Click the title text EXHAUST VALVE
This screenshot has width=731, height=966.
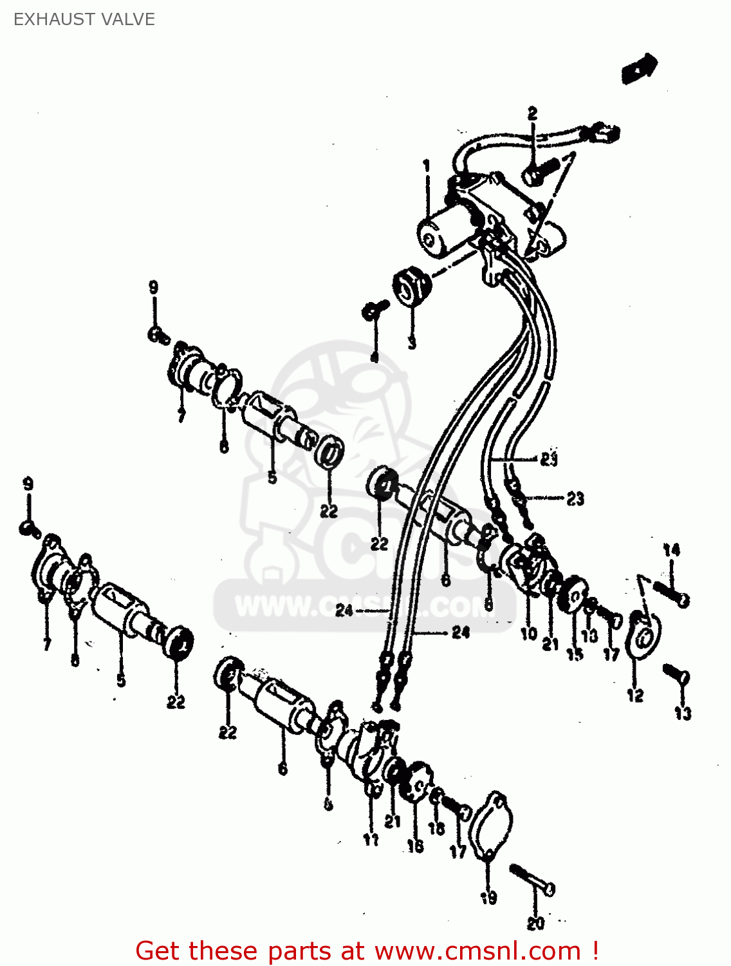click(x=84, y=19)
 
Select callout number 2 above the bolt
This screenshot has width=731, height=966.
click(x=532, y=113)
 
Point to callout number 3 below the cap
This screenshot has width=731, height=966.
click(x=412, y=342)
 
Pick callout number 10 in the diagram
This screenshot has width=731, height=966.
click(x=529, y=634)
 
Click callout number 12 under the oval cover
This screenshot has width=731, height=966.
click(x=635, y=695)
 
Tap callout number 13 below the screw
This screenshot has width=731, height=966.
click(x=683, y=713)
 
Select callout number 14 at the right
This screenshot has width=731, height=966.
click(x=671, y=550)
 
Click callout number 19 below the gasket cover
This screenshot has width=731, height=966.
click(x=488, y=897)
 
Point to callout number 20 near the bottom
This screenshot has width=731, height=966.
click(x=535, y=923)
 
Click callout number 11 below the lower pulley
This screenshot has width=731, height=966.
click(x=371, y=839)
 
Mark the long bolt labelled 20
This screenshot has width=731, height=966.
click(x=533, y=880)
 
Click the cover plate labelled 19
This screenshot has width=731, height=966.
click(x=492, y=824)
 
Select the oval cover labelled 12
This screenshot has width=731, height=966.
click(x=644, y=637)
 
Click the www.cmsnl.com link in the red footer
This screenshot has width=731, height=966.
click(x=478, y=951)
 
